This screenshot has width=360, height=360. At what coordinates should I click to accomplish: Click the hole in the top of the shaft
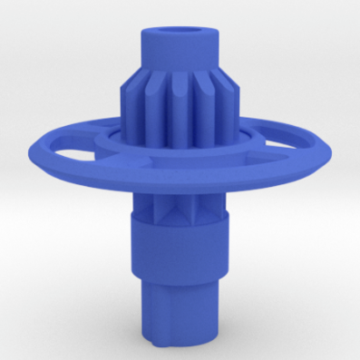[180, 30]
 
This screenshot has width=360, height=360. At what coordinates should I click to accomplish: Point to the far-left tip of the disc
[33, 145]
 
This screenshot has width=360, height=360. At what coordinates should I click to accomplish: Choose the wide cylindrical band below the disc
[179, 249]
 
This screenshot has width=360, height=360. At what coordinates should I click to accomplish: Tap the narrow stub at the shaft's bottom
[179, 313]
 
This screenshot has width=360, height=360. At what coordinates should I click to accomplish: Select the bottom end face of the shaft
[179, 342]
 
